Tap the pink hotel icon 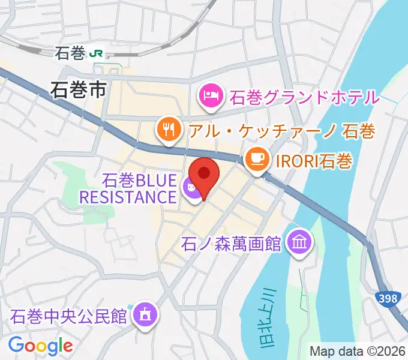[x=210, y=95]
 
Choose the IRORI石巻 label [x=314, y=160]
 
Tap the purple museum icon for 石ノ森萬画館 [x=298, y=242]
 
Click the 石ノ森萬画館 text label [x=230, y=244]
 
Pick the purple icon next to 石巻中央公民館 [x=145, y=313]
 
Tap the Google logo [x=40, y=346]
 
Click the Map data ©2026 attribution [x=357, y=351]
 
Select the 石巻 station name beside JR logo [x=70, y=53]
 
